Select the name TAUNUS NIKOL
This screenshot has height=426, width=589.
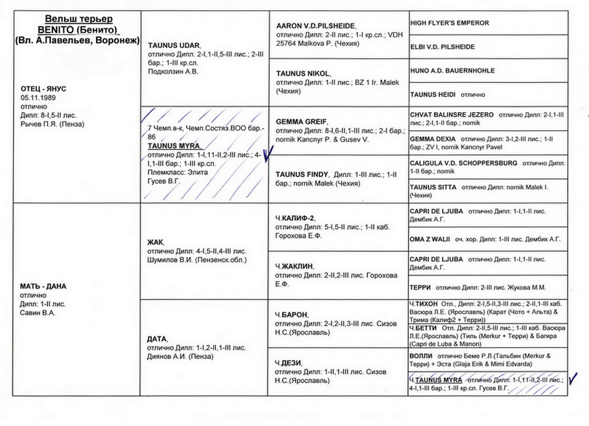303,74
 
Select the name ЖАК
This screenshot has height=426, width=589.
156,242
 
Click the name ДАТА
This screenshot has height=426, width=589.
158,339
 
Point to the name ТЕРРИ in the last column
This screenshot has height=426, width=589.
421,288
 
